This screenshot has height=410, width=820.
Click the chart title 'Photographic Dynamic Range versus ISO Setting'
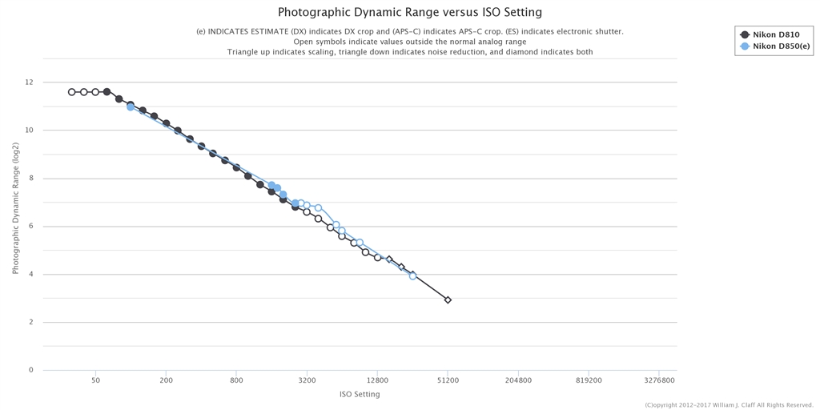(409, 12)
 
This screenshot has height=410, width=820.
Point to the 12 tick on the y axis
(29, 82)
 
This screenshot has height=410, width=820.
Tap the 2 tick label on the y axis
(30, 323)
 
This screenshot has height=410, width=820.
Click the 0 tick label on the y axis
(30, 371)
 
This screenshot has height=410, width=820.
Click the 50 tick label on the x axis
(95, 380)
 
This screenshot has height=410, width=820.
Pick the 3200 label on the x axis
(307, 380)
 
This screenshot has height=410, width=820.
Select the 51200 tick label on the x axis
(448, 380)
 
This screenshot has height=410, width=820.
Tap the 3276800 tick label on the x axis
(658, 380)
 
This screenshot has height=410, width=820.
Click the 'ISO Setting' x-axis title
(360, 394)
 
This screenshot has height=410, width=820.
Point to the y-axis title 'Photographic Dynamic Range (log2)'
(15, 208)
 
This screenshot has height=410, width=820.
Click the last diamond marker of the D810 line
(448, 300)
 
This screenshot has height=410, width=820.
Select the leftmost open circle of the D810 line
(72, 92)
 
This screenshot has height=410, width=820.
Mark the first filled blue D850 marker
(131, 107)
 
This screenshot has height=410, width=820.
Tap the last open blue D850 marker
(412, 275)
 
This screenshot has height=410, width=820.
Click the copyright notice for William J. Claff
(729, 405)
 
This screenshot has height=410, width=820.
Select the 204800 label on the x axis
(518, 380)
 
